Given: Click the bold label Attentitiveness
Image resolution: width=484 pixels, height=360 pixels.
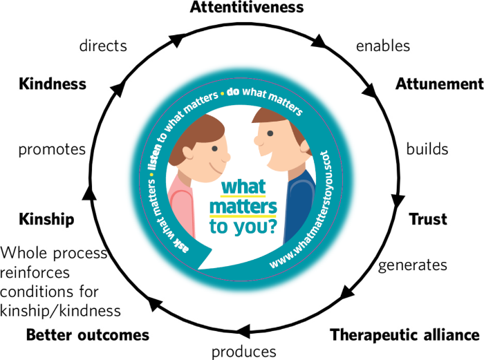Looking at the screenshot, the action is click(247, 7).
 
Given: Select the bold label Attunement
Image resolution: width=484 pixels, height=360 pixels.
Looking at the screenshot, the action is click(440, 84).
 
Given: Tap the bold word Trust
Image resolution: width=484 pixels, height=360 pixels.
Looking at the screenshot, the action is click(428, 219).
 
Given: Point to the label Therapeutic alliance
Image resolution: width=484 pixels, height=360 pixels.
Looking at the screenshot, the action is click(404, 335).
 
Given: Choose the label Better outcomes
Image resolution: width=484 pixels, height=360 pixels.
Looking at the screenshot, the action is click(88, 335).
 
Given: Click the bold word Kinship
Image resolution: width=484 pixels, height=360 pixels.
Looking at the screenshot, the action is click(46, 219).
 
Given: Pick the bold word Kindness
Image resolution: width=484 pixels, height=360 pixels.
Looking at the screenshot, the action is click(53, 84).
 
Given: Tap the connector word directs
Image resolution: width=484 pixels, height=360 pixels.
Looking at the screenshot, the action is click(103, 46).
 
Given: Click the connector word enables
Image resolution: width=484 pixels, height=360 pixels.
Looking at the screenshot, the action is click(383, 46).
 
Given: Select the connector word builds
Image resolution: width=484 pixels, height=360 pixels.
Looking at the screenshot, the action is click(427, 149).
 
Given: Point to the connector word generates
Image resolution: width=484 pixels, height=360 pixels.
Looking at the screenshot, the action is click(413, 265).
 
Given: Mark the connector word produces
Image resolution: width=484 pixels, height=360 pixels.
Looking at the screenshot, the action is click(244, 352).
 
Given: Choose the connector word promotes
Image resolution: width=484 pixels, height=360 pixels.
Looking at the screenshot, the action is click(52, 150).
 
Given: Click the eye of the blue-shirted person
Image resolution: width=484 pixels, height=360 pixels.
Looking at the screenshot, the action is click(270, 133).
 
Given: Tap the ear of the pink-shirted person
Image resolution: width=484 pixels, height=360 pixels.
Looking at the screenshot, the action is click(187, 153).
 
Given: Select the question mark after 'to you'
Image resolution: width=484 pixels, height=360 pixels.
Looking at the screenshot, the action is click(272, 227).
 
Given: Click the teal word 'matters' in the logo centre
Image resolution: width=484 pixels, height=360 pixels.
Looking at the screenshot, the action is click(243, 207).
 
